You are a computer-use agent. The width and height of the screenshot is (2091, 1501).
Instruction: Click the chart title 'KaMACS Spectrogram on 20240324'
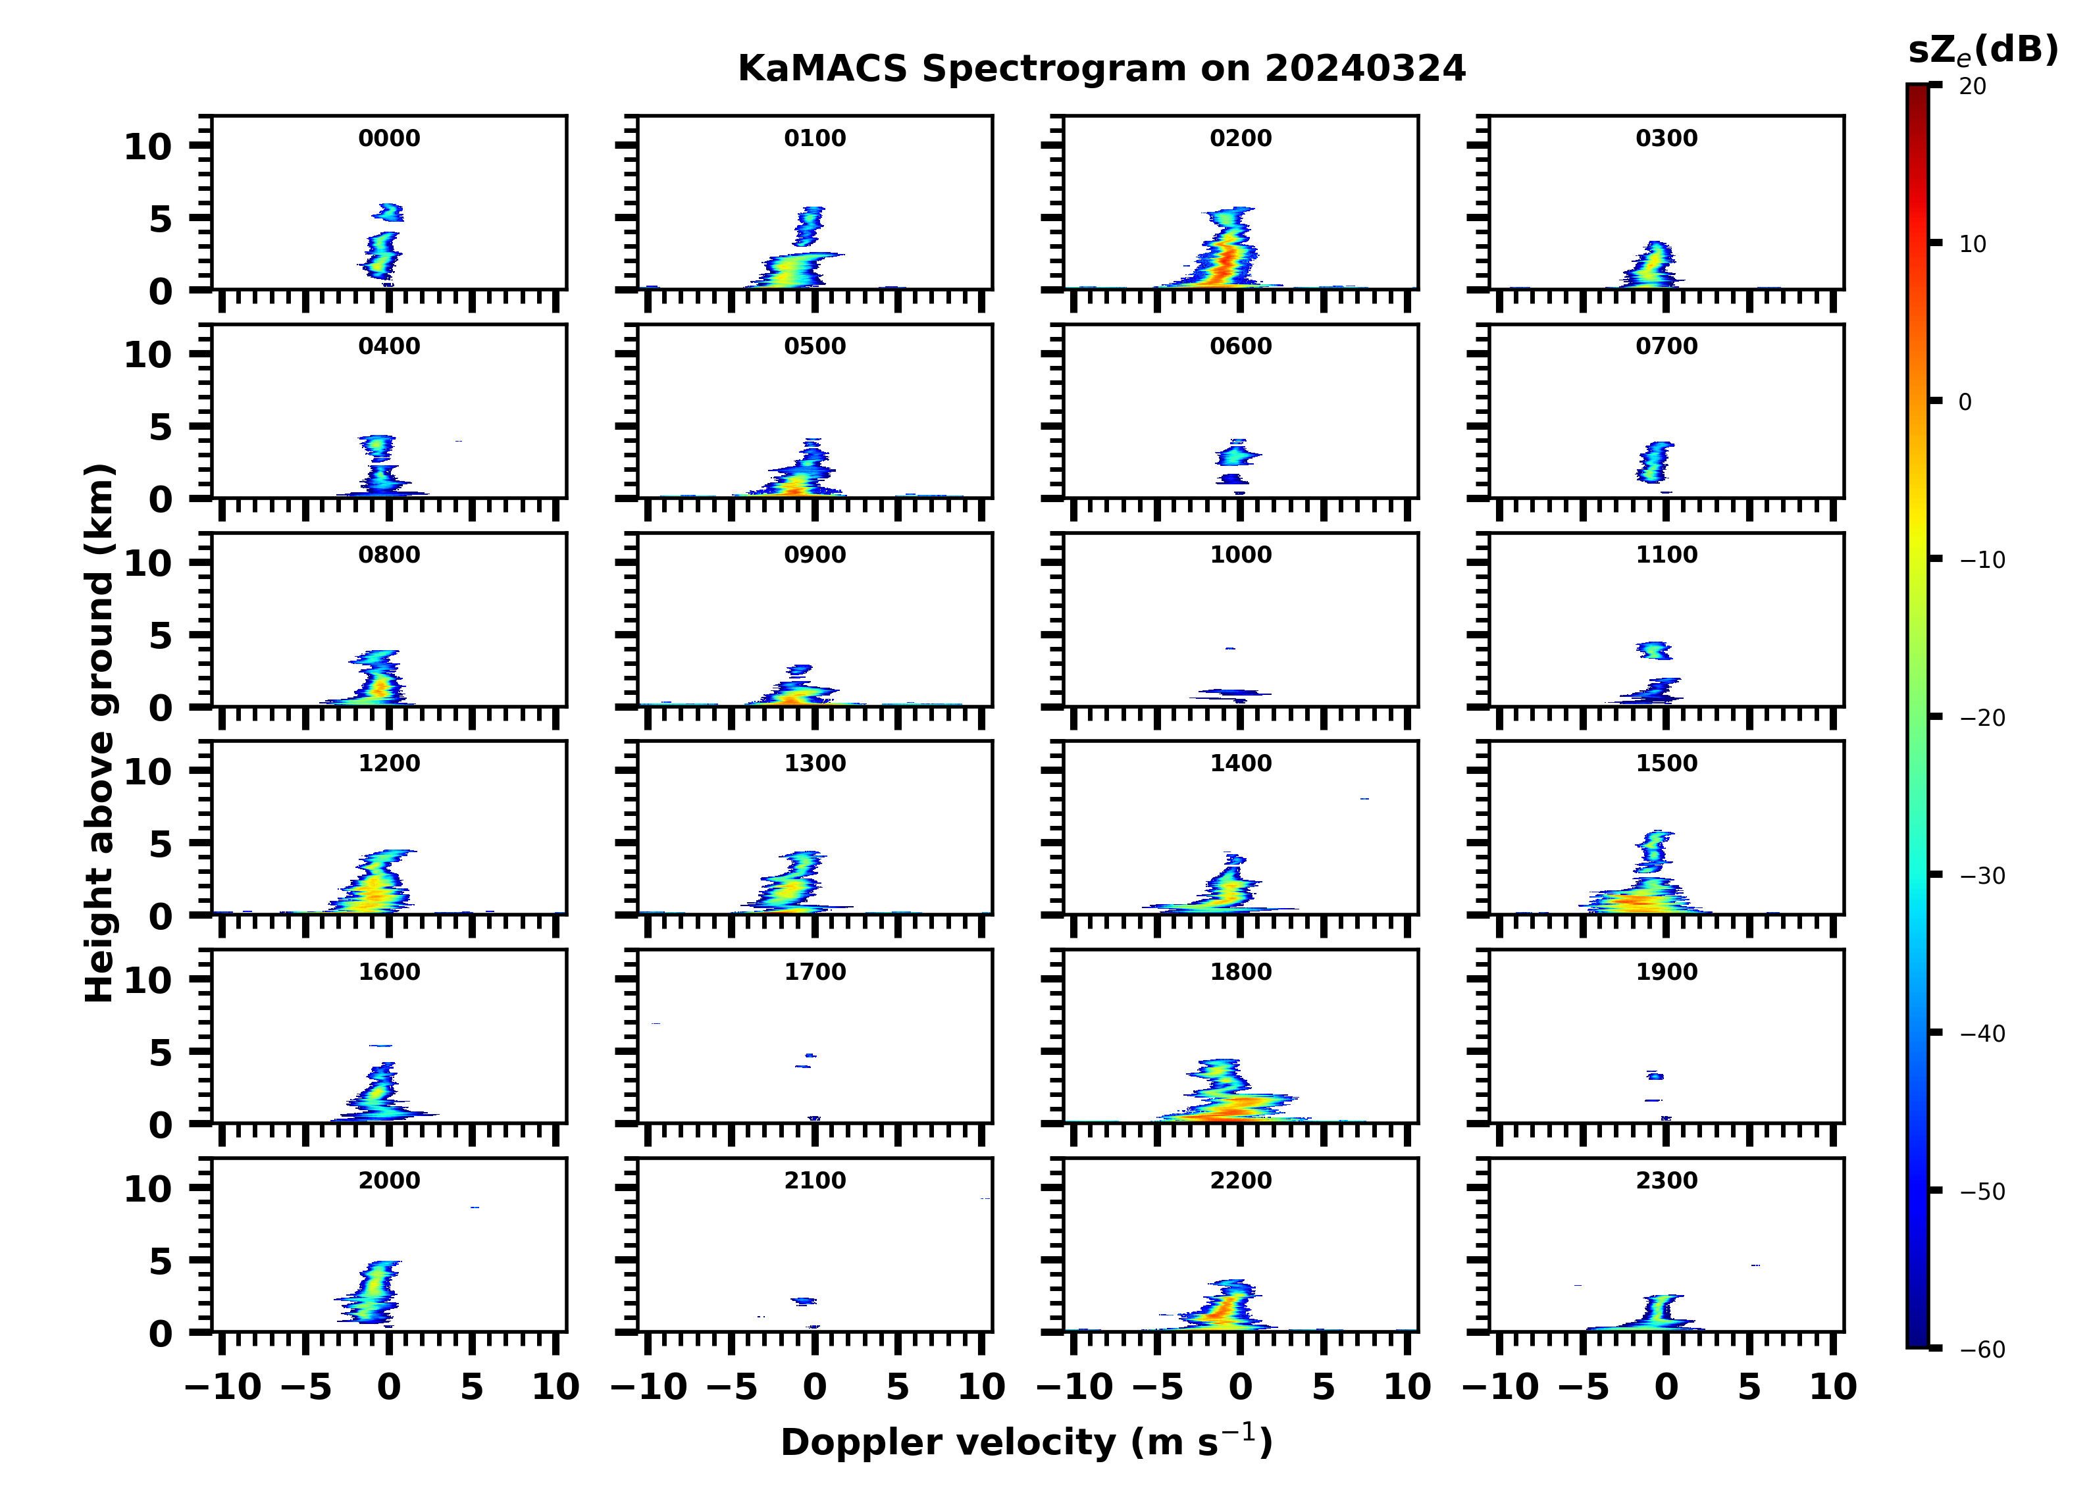point(1101,69)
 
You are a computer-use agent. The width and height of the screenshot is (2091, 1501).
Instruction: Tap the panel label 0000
point(389,138)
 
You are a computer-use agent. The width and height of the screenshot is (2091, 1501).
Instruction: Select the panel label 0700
point(1666,347)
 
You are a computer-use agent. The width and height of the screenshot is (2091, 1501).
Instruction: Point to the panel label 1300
point(815,763)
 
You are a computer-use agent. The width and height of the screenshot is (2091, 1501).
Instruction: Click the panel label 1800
point(1240,972)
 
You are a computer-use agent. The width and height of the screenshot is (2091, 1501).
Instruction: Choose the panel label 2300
point(1666,1180)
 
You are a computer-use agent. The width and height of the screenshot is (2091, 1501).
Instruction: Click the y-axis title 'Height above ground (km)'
point(99,733)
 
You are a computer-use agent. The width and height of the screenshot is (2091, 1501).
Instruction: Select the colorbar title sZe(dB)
point(1982,51)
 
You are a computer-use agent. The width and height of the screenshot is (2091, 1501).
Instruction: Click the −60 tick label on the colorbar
point(1982,1350)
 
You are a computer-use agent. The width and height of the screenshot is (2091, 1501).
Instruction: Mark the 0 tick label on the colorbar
point(1965,403)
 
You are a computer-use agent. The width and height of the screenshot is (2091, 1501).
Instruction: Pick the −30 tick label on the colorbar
point(1982,876)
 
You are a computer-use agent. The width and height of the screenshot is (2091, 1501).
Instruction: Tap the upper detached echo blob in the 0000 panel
point(389,213)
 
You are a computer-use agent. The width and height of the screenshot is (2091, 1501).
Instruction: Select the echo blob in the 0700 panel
point(1655,462)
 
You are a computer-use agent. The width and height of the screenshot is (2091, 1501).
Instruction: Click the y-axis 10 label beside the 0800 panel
point(147,563)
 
